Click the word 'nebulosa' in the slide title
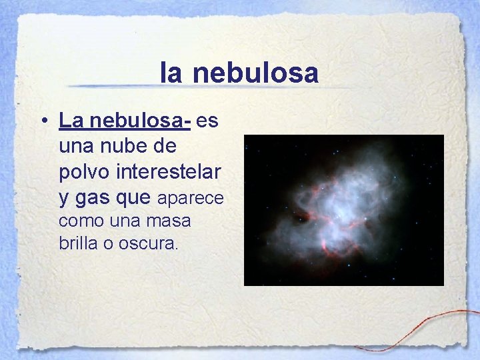256,73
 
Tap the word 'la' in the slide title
171,73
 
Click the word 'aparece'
190,199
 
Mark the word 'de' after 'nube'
177,146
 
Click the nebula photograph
343,210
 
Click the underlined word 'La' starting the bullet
70,121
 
